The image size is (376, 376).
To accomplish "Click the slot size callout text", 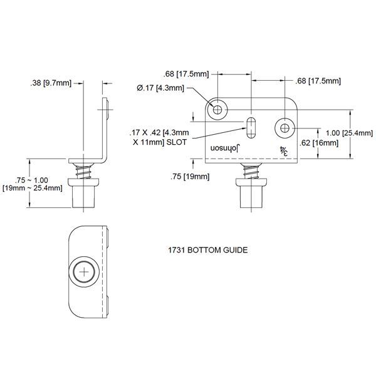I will pos(159,138).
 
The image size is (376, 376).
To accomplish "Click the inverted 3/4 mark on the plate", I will pos(284,150).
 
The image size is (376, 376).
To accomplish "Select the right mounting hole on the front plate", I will pos(286,128).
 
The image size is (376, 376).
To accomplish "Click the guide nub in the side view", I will pos(85,195).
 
